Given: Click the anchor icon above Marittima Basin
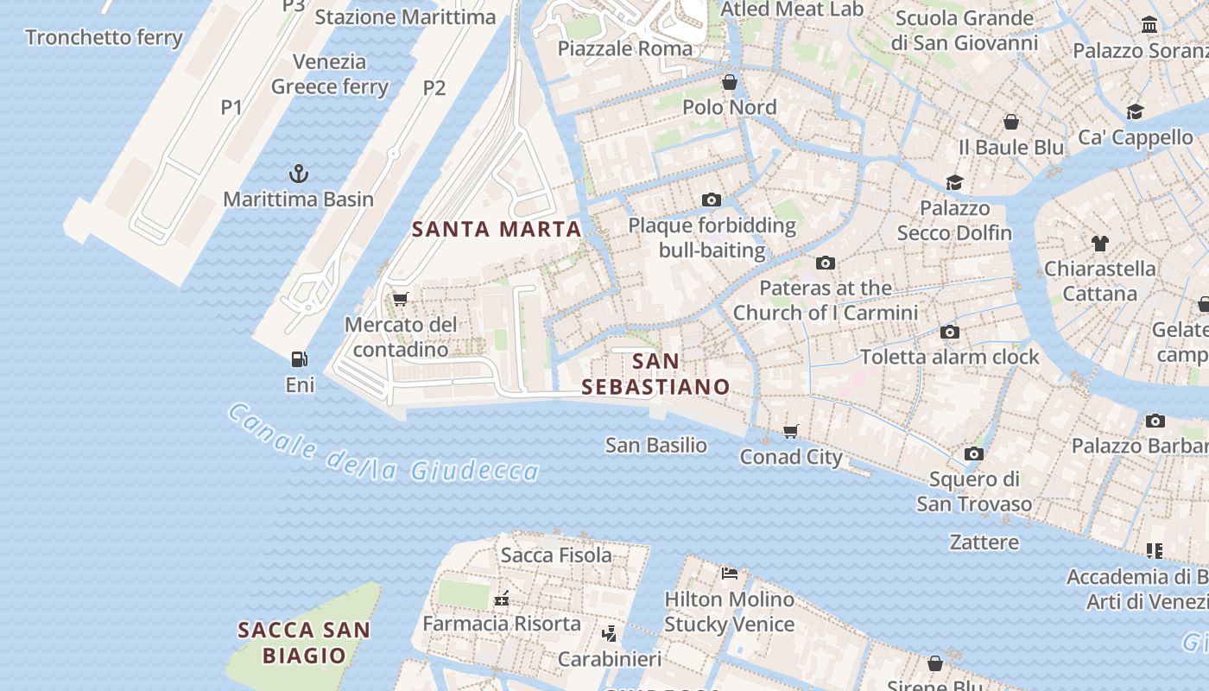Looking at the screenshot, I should pyautogui.click(x=298, y=174).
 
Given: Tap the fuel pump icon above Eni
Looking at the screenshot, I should pyautogui.click(x=300, y=359).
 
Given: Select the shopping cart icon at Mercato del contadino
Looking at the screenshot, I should pyautogui.click(x=400, y=300).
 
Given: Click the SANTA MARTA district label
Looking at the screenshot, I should pyautogui.click(x=497, y=230).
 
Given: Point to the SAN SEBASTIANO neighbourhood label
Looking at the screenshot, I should pyautogui.click(x=655, y=374).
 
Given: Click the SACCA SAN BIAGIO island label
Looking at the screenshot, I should pyautogui.click(x=304, y=643).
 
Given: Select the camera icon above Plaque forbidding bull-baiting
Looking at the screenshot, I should pyautogui.click(x=712, y=200).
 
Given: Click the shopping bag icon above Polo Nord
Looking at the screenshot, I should pyautogui.click(x=730, y=82).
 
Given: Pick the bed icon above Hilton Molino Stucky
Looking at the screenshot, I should pyautogui.click(x=730, y=574).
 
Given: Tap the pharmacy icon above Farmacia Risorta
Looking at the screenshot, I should pyautogui.click(x=501, y=599).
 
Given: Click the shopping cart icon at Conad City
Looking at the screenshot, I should pyautogui.click(x=791, y=431).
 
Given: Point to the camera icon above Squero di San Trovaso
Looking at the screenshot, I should pyautogui.click(x=974, y=453).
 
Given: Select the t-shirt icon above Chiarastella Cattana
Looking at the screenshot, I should pyautogui.click(x=1099, y=244).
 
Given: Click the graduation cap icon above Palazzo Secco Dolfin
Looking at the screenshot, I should pyautogui.click(x=954, y=182).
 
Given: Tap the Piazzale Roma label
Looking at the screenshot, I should pyautogui.click(x=625, y=48).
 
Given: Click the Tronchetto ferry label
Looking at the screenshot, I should pyautogui.click(x=104, y=37).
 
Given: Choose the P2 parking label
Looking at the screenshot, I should pyautogui.click(x=434, y=87).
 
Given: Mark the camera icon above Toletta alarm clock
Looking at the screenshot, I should pyautogui.click(x=950, y=332).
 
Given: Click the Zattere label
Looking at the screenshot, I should pyautogui.click(x=984, y=542).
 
